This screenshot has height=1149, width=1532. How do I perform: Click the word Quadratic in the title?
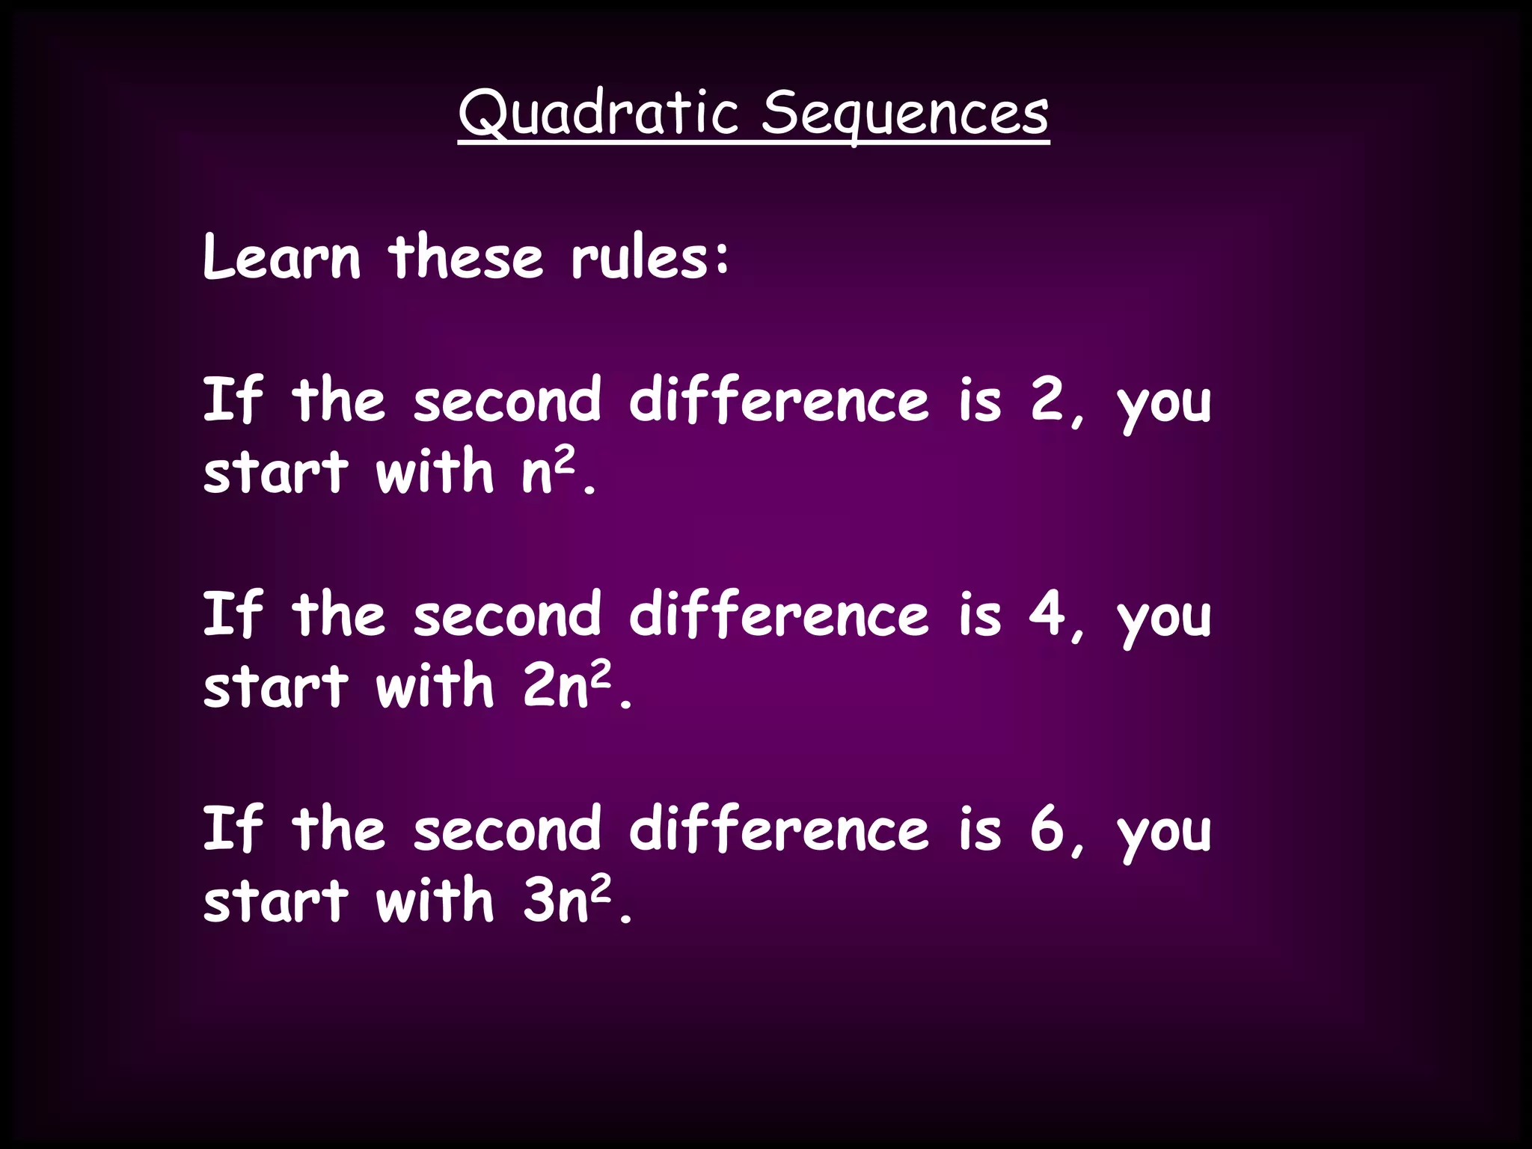tap(599, 113)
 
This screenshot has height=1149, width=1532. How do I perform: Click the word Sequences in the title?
tap(905, 113)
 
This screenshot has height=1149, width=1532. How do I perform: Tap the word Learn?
tap(282, 257)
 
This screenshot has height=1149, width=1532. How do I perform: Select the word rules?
tap(640, 257)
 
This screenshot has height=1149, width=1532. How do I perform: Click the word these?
tap(465, 257)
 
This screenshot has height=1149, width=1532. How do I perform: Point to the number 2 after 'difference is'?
tap(1047, 399)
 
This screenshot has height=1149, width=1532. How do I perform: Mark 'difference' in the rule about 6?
tap(779, 828)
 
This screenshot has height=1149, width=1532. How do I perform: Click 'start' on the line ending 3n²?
tap(276, 900)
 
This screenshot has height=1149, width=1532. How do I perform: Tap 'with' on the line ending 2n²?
tap(435, 685)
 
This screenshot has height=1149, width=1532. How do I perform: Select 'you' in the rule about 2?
tap(1164, 404)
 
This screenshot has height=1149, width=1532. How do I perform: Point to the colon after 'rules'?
tap(721, 258)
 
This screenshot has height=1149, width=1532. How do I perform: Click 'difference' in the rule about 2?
tap(779, 399)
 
